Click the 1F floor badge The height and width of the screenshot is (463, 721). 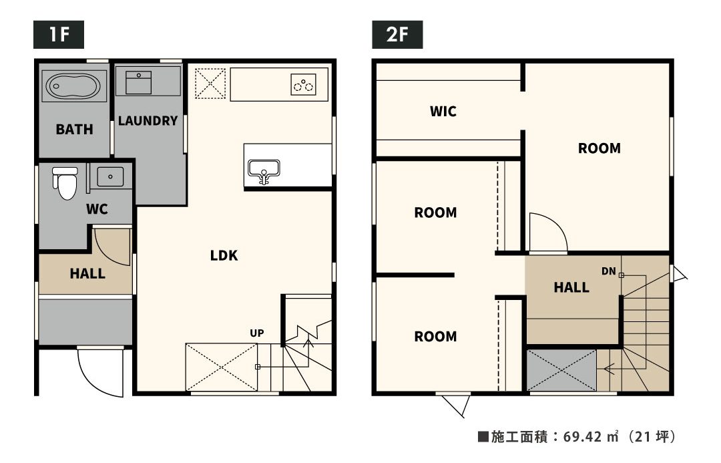(58, 35)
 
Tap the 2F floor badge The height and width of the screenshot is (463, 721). (397, 35)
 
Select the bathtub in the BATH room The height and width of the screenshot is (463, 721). (73, 86)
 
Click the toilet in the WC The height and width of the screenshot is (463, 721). (65, 183)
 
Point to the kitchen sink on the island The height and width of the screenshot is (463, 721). (264, 171)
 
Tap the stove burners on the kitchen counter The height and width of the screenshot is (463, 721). (304, 85)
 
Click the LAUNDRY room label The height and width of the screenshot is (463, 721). (148, 121)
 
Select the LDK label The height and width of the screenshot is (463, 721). (224, 255)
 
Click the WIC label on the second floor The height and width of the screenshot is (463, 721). (443, 112)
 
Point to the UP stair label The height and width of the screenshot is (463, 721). (257, 333)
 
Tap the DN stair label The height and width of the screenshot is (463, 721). (608, 271)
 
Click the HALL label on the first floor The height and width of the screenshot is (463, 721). (87, 274)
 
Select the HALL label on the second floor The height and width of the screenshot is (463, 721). (571, 288)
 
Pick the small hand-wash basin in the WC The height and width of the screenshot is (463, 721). (110, 177)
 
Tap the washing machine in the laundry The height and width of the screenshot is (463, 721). (138, 83)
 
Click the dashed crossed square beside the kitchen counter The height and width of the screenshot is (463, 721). (210, 84)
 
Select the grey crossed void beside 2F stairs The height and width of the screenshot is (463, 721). (561, 371)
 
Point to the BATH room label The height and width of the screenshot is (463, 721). (75, 130)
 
